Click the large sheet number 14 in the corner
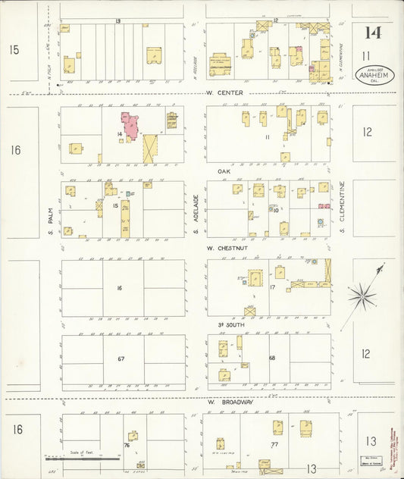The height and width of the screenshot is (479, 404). coord(371,33)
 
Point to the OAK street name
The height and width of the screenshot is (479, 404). coord(224,171)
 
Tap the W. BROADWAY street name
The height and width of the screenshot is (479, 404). coord(230,401)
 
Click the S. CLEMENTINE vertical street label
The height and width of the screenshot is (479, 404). coord(343,202)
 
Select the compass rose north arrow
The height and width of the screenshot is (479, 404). coord(362,296)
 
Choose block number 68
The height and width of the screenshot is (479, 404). coord(271,358)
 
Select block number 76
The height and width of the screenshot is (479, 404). coord(127,446)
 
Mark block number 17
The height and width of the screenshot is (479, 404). coord(271,287)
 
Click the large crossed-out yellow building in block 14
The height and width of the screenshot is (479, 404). coord(149,147)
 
